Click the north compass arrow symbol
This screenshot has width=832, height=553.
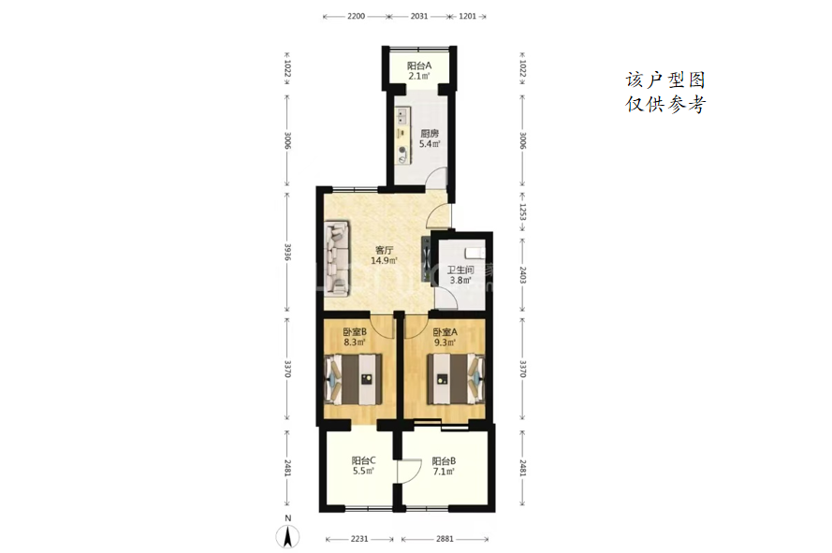point(287,536)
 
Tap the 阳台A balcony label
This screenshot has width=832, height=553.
point(419,65)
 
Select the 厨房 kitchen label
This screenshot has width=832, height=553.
point(430,133)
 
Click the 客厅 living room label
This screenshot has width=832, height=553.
point(384,250)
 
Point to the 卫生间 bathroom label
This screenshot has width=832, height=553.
point(460,269)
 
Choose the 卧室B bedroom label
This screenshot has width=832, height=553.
point(355,332)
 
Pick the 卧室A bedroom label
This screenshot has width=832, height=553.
point(445,332)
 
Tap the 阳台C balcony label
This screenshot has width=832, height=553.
point(363,460)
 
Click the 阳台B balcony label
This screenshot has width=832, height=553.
point(444,460)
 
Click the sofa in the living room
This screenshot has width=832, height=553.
point(337,257)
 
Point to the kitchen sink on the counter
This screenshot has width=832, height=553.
point(402,116)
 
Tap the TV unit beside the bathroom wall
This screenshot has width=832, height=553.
point(426,258)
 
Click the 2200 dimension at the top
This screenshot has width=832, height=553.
point(356,17)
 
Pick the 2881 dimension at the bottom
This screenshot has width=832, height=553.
point(445,539)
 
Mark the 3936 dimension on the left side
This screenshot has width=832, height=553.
point(287,252)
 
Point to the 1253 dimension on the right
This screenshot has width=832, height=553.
point(522,211)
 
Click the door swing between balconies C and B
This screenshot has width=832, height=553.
point(404,471)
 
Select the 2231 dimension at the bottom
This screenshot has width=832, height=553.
point(359,539)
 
